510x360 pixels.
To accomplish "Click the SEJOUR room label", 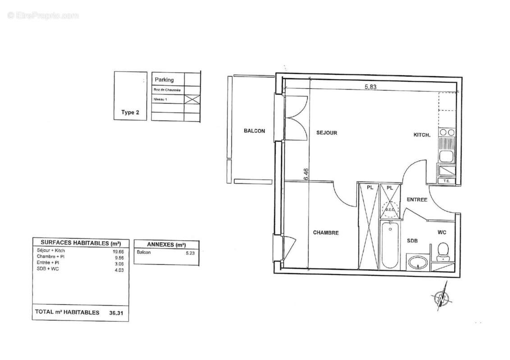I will tap(327, 133).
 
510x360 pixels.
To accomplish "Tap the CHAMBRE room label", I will tap(326, 233).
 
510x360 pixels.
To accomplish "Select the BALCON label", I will tap(254, 131).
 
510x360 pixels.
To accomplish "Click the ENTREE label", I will tap(417, 200).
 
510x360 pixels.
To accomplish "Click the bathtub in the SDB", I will tap(389, 245).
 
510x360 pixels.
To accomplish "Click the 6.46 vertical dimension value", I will tap(306, 174).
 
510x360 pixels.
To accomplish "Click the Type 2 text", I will tap(130, 112).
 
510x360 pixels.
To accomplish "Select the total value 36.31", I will tap(116, 312).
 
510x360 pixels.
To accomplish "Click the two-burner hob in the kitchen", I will tap(447, 132).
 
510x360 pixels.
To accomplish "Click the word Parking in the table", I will tap(164, 80).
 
